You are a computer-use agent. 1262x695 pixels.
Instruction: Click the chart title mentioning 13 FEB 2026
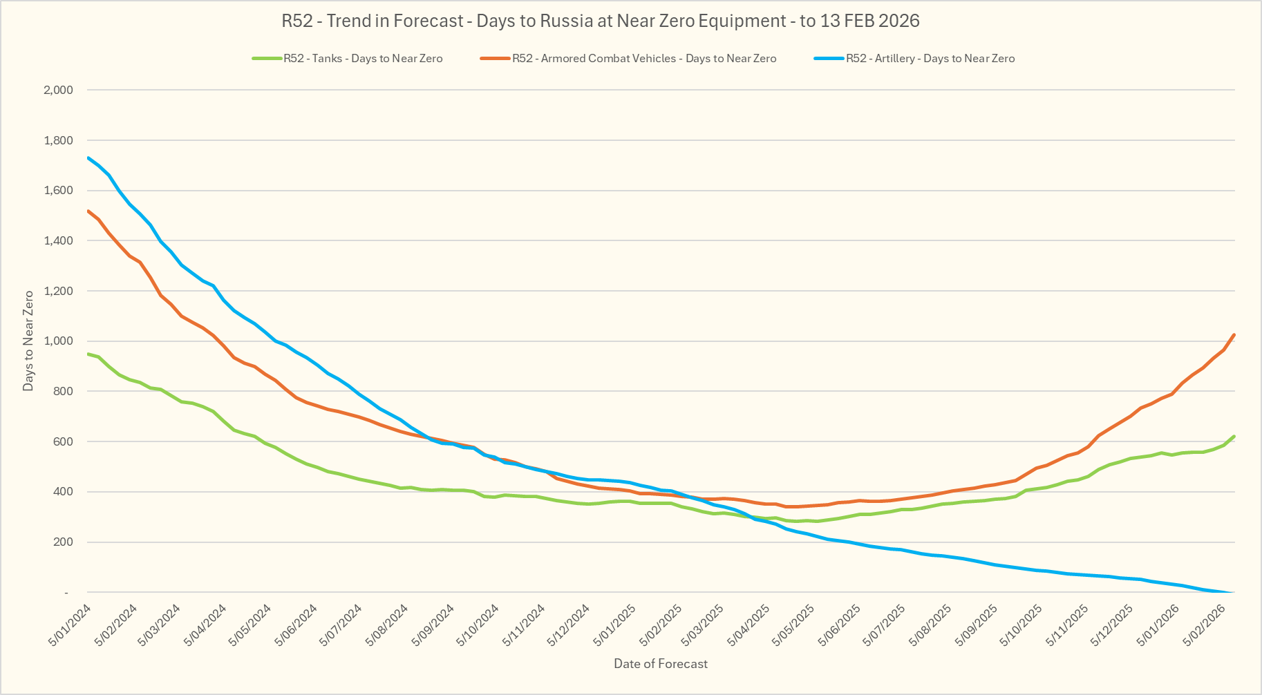click(x=600, y=21)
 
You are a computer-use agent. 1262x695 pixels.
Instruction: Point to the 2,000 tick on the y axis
click(x=59, y=90)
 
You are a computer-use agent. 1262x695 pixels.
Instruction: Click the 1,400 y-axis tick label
click(x=59, y=240)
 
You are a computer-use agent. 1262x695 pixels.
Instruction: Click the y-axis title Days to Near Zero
click(x=28, y=341)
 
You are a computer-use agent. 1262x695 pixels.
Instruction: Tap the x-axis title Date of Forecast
click(x=661, y=664)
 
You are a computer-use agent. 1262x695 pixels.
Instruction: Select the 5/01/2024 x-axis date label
click(x=70, y=625)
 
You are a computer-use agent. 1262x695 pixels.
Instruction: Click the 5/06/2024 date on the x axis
click(x=296, y=625)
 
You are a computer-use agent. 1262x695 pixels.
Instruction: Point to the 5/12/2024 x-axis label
click(x=568, y=625)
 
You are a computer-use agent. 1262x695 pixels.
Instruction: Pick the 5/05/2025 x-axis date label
click(x=794, y=625)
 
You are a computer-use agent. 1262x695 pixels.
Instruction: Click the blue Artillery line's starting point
click(x=88, y=158)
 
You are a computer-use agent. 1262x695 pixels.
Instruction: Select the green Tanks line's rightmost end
click(x=1234, y=437)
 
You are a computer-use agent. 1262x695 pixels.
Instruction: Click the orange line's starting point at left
click(x=88, y=211)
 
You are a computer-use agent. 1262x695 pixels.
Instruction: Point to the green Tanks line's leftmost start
click(x=88, y=354)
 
